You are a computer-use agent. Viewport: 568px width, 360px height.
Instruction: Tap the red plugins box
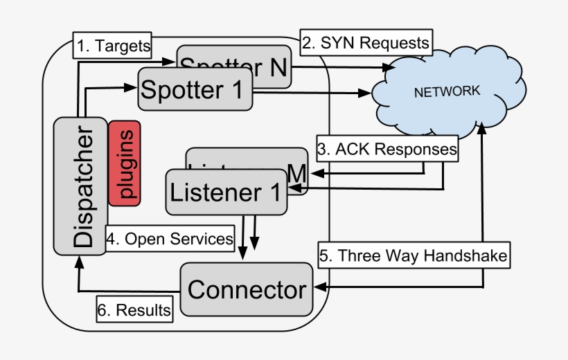[x=125, y=163]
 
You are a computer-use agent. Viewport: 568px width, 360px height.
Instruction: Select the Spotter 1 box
[x=192, y=89]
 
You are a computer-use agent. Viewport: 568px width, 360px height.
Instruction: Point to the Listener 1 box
[x=226, y=192]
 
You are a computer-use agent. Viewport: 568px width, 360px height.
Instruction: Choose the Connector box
[x=246, y=289]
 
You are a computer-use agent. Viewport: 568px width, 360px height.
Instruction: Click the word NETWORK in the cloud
[x=446, y=91]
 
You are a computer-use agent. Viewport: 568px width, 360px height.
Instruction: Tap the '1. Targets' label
[x=114, y=46]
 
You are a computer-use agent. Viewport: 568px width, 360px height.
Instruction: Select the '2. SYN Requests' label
[x=366, y=42]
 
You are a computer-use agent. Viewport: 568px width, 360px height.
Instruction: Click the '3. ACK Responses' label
[x=387, y=148]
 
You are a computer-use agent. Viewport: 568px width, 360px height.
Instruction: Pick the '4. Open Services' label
[x=170, y=239]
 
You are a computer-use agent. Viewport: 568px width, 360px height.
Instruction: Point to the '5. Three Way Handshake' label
[x=414, y=255]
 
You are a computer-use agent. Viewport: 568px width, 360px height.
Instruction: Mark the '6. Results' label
[x=134, y=310]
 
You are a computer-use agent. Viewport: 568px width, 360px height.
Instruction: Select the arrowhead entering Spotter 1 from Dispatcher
[x=130, y=87]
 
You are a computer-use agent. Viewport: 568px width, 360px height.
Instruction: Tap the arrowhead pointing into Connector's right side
[x=320, y=287]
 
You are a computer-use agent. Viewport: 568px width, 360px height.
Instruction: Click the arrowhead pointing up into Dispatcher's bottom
[x=78, y=261]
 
